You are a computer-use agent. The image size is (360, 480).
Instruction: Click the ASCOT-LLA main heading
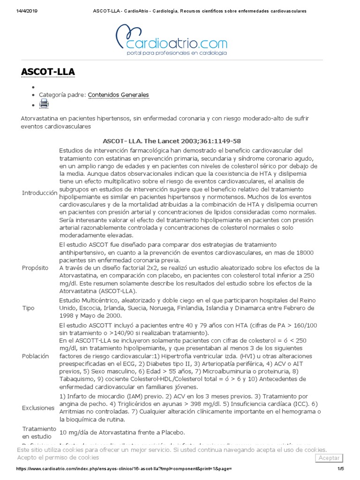pos(48,72)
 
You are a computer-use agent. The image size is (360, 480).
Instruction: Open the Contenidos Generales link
pos(118,95)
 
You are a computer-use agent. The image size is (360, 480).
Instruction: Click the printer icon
pos(44,104)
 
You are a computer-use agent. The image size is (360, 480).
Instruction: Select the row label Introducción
pos(39,193)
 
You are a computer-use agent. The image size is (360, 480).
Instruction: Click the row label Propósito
pos(35,268)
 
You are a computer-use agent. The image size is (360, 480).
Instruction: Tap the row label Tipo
pos(28,308)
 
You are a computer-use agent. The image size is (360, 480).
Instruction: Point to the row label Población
pos(35,356)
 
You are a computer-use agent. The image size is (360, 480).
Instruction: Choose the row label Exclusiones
pos(38,408)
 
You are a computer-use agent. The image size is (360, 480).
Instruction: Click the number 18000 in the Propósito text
pos(304,253)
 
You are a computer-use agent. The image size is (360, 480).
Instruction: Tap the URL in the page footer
pos(124,469)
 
